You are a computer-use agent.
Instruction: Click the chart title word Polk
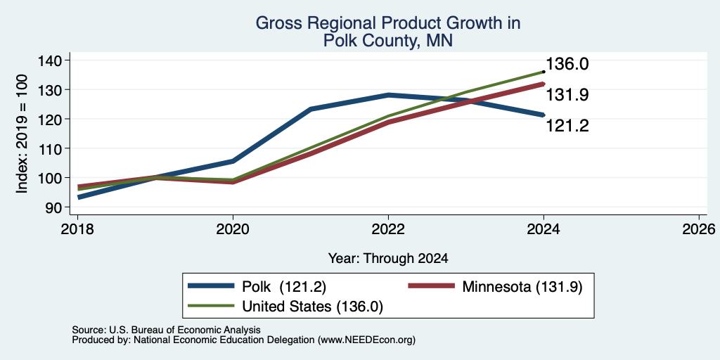340,41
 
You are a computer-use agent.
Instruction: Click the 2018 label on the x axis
77,229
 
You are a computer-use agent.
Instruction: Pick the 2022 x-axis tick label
388,229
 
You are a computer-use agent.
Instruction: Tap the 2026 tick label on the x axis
699,229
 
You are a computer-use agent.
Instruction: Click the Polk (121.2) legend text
284,287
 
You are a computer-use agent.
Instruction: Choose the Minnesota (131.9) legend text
522,287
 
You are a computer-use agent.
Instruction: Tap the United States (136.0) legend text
312,307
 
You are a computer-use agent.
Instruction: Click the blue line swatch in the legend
211,286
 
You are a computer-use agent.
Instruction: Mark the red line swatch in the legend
432,286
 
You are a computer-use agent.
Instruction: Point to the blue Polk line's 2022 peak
388,95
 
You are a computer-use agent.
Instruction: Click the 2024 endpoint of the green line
544,72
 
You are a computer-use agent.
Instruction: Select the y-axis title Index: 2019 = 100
22,134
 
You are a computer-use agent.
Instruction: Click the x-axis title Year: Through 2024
388,259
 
